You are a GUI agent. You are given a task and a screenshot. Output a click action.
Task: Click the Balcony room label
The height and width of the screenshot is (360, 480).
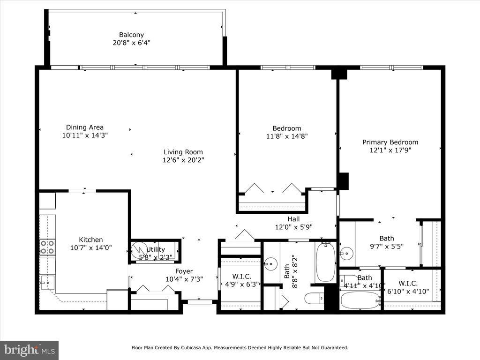pyautogui.click(x=131, y=35)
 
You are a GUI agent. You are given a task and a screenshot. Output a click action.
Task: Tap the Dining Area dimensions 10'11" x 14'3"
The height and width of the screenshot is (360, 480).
pyautogui.click(x=85, y=135)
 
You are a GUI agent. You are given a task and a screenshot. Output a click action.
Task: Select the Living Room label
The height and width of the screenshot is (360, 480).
pyautogui.click(x=183, y=152)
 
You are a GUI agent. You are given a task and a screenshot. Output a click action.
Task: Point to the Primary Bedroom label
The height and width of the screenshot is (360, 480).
pyautogui.click(x=390, y=142)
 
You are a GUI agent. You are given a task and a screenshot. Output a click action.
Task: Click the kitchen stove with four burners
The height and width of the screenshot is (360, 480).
pyautogui.click(x=47, y=247)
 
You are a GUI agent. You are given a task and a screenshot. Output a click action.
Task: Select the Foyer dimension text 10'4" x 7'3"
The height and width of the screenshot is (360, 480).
pyautogui.click(x=184, y=279)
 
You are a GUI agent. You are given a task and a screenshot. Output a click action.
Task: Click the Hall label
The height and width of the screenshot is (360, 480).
pyautogui.click(x=293, y=219)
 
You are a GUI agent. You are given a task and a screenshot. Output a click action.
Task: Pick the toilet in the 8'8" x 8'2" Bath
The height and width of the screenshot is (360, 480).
pyautogui.click(x=314, y=298)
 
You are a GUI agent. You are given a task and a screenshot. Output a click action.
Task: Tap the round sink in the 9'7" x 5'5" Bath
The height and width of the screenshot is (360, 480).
pyautogui.click(x=346, y=254)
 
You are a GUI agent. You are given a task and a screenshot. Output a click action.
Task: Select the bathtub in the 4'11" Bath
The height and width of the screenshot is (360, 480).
pyautogui.click(x=360, y=300)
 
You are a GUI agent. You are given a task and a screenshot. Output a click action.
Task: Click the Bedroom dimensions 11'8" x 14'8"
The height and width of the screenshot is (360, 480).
pyautogui.click(x=287, y=136)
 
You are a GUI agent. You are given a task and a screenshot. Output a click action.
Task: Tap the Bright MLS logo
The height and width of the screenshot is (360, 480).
pyautogui.click(x=30, y=350)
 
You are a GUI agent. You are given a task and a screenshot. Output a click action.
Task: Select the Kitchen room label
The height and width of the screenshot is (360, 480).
pyautogui.click(x=91, y=240)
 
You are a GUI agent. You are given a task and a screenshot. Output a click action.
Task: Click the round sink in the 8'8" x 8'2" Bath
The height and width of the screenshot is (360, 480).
pyautogui.click(x=270, y=264)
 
